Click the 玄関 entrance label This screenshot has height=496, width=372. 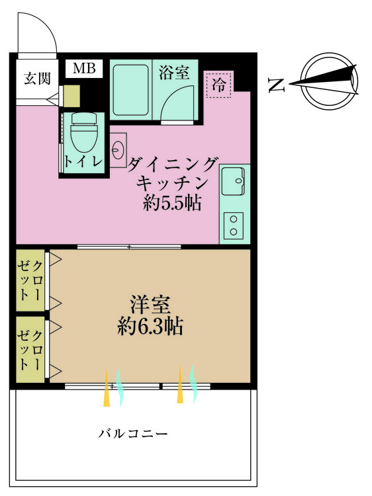37,79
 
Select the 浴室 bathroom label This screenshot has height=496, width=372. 175,73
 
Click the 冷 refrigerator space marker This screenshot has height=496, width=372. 218,85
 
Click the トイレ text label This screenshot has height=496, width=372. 84,161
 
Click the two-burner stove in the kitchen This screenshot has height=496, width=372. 234,226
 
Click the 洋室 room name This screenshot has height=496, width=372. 150,306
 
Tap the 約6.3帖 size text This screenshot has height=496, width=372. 150,327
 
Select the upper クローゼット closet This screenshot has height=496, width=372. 30,280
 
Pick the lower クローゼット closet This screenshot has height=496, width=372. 30,349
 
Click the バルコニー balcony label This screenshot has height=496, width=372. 133,434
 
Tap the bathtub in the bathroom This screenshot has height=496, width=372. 130,91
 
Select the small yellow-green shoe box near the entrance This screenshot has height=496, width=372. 71,97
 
